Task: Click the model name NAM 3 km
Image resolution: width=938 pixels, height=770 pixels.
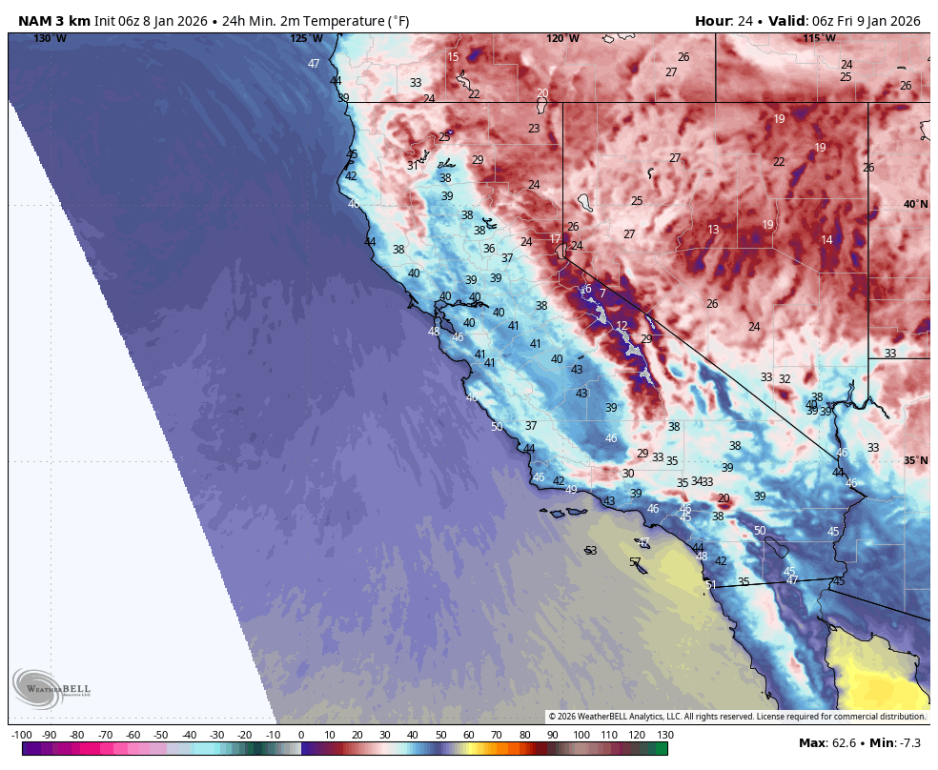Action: pyautogui.click(x=54, y=21)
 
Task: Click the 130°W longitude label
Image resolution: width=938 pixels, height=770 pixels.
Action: pyautogui.click(x=51, y=38)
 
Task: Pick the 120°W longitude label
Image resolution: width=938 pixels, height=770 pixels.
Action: pyautogui.click(x=562, y=38)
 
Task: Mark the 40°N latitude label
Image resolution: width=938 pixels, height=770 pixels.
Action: pyautogui.click(x=915, y=204)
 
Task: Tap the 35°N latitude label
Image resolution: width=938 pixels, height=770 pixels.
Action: pyautogui.click(x=915, y=460)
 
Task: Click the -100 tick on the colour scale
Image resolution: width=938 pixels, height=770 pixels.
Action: pyautogui.click(x=21, y=735)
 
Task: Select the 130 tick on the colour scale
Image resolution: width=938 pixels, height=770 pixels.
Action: pyautogui.click(x=665, y=735)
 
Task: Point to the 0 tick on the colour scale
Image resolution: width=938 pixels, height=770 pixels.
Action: pyautogui.click(x=301, y=735)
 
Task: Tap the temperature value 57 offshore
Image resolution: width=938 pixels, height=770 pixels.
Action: pyautogui.click(x=635, y=562)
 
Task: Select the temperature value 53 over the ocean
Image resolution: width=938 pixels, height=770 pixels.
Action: pyautogui.click(x=591, y=551)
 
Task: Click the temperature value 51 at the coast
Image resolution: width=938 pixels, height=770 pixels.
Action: pyautogui.click(x=710, y=584)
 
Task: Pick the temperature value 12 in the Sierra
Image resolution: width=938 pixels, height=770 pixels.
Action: pyautogui.click(x=622, y=326)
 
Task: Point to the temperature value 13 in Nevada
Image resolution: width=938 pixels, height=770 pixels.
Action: pyautogui.click(x=713, y=230)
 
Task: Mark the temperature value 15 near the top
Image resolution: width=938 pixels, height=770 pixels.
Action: pyautogui.click(x=453, y=57)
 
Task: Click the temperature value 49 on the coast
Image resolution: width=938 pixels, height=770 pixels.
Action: pyautogui.click(x=571, y=489)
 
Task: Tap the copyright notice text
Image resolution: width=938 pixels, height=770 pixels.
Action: pyautogui.click(x=737, y=716)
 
